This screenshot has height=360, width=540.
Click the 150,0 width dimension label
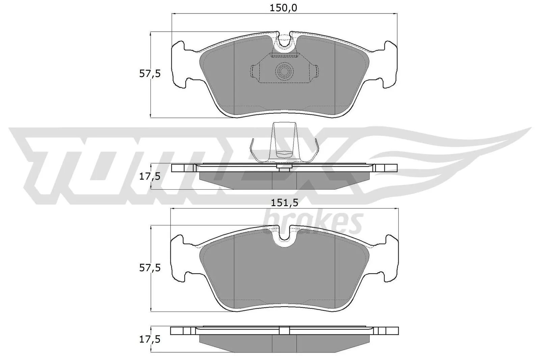[x=283, y=8]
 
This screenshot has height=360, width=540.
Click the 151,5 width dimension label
[x=284, y=203]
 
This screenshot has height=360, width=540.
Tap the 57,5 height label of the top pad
[x=150, y=74]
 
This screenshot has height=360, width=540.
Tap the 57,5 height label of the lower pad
[x=150, y=268]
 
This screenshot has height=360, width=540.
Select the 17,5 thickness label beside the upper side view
[x=150, y=176]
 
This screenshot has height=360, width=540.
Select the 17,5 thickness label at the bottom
[x=150, y=339]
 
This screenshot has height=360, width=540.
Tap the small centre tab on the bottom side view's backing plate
[x=284, y=330]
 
